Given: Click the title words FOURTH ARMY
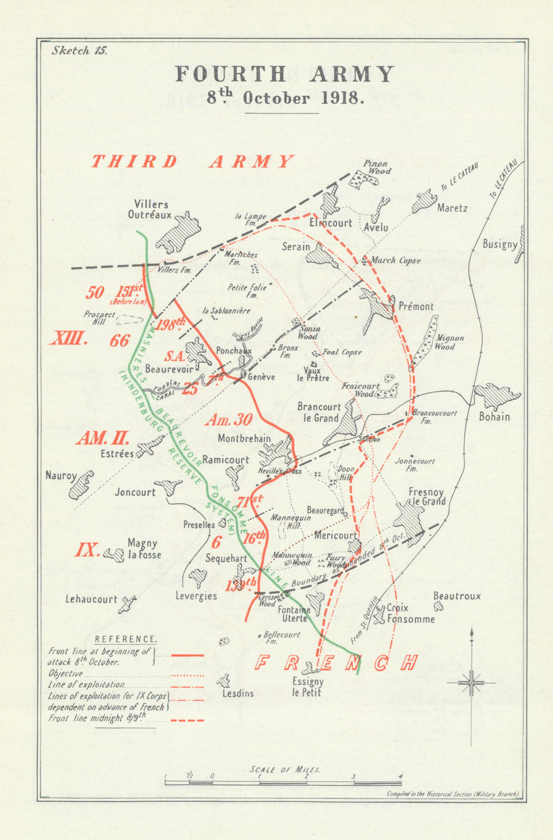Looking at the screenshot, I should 285,75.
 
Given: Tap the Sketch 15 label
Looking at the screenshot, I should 79,50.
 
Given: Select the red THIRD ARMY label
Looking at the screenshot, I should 192,162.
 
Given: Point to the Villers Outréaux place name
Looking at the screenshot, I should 150,210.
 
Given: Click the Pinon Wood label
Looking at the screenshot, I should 376,167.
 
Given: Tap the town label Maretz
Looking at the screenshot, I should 452,208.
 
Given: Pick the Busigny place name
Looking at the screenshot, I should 499,244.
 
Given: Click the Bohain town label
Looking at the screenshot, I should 494,416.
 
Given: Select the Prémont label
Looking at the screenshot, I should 415,306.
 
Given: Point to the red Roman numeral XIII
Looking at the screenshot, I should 69,338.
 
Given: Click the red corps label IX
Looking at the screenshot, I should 87,550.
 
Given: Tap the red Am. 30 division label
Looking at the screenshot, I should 229,420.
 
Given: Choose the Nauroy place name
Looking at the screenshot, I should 61,475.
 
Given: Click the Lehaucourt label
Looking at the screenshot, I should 91,599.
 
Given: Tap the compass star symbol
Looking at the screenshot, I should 471,683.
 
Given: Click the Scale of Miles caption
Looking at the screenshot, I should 285,769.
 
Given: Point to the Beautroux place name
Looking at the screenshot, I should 457,596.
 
